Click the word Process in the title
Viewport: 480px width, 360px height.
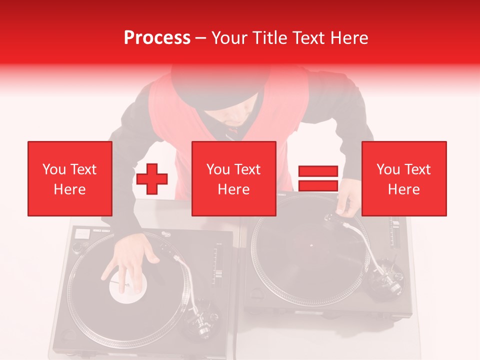(157, 37)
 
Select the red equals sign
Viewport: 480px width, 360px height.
(318, 178)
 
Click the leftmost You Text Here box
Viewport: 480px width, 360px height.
(69, 178)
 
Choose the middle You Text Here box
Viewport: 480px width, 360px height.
(233, 178)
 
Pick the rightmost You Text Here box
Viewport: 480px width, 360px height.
(403, 178)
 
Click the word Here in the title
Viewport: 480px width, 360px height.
(349, 37)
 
